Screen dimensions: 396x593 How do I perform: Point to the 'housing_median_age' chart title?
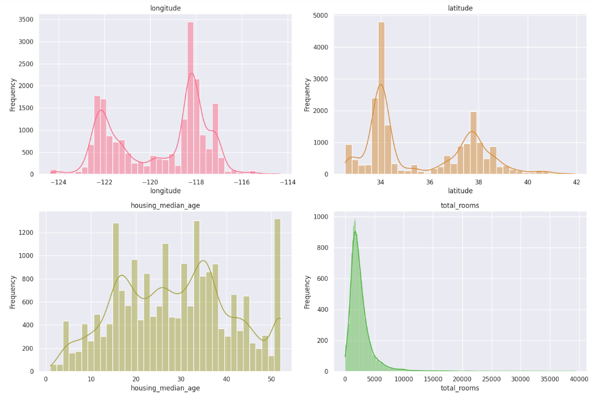pyautogui.click(x=165, y=205)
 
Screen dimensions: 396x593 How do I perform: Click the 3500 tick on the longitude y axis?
pyautogui.click(x=25, y=19)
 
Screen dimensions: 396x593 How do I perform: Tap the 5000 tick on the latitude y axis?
pyautogui.click(x=327, y=16)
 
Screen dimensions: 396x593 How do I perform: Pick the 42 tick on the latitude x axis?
pyautogui.click(x=576, y=183)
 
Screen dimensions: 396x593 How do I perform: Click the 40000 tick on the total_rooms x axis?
pyautogui.click(x=579, y=380)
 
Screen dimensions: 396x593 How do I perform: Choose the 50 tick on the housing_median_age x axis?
pyautogui.click(x=272, y=380)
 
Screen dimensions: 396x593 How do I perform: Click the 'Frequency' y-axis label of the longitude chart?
pyautogui.click(x=13, y=94)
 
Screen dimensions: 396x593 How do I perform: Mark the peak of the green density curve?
pyautogui.click(x=355, y=232)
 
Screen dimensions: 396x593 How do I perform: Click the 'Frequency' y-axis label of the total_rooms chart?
pyautogui.click(x=308, y=291)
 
